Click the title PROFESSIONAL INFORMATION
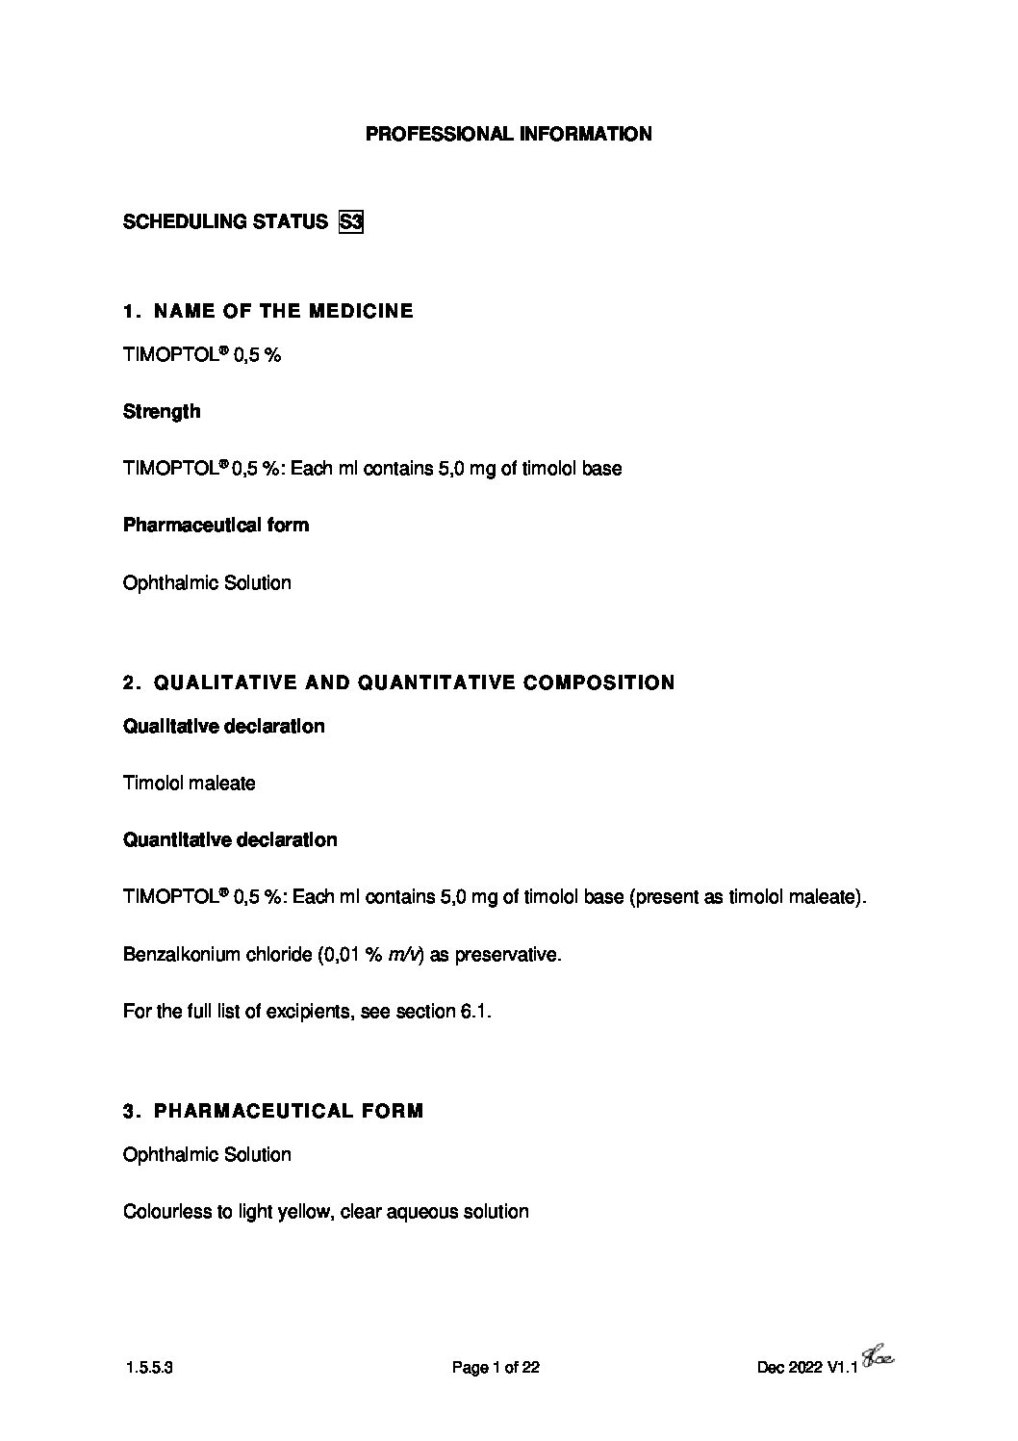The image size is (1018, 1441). [x=508, y=135]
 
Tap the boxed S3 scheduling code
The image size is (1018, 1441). [x=350, y=222]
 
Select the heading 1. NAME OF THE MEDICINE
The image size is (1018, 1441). [x=268, y=311]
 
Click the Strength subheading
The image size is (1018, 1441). [x=162, y=412]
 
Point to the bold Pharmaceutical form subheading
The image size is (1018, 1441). [x=216, y=526]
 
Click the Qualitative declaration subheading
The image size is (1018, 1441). [x=223, y=727]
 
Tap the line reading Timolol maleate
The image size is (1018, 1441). [x=190, y=784]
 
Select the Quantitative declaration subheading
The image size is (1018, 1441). [x=230, y=840]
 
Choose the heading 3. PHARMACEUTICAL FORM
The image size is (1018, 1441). [x=273, y=1112]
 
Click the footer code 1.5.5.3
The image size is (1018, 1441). [x=149, y=1368]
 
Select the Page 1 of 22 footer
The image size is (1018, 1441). [x=495, y=1368]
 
